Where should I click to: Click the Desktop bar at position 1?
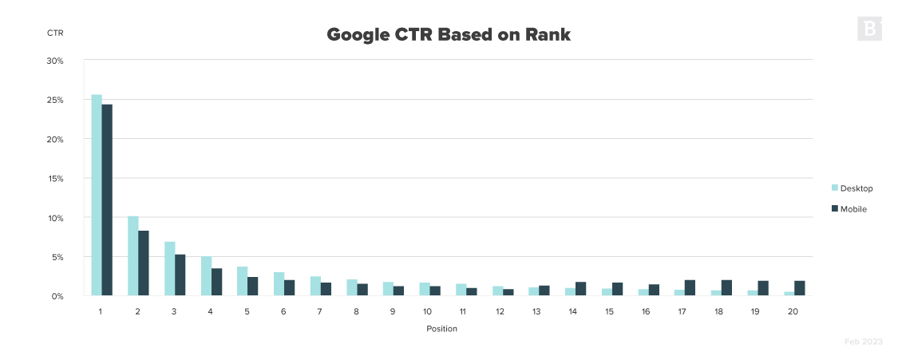point(97,196)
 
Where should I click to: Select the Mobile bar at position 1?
point(107,200)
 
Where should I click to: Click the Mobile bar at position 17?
point(690,288)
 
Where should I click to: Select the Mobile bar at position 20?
point(799,289)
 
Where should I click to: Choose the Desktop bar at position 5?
point(243,281)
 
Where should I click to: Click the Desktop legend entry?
point(852,188)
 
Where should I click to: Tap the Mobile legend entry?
point(849,209)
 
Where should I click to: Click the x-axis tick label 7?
point(320,311)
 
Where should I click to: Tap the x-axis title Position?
point(441,328)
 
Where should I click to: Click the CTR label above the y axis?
point(55,34)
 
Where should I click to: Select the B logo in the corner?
point(869,29)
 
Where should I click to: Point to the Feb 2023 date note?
point(864,342)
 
